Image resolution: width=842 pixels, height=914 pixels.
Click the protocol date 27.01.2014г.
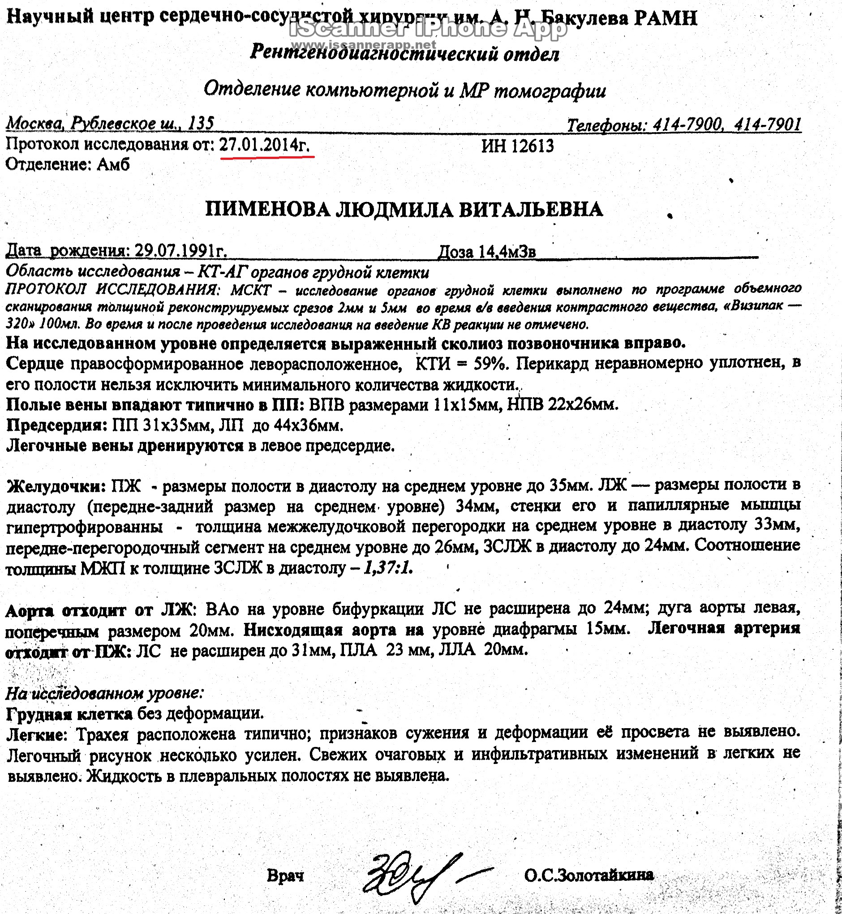point(265,145)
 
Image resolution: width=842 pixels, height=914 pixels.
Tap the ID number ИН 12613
point(518,146)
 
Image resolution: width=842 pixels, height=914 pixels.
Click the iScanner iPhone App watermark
point(428,30)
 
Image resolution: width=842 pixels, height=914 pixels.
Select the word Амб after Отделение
point(113,164)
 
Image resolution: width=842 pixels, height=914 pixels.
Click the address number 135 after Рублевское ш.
point(201,123)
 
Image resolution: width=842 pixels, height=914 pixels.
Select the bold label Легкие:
point(37,734)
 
